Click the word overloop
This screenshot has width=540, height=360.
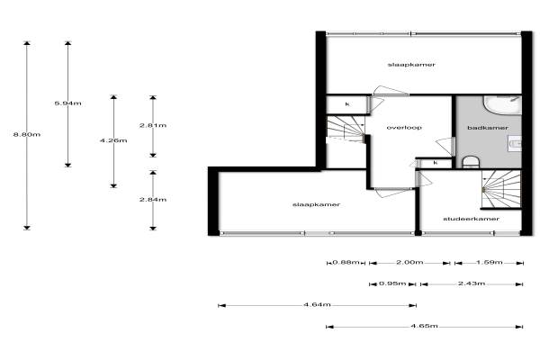(x=404, y=128)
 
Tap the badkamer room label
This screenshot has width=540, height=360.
(x=488, y=128)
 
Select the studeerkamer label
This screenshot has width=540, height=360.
(x=471, y=219)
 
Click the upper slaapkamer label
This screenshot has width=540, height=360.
(x=406, y=65)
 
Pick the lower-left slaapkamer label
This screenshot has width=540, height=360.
(x=310, y=204)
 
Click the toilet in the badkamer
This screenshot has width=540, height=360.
(x=471, y=162)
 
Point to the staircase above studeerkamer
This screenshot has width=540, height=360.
(x=496, y=190)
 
